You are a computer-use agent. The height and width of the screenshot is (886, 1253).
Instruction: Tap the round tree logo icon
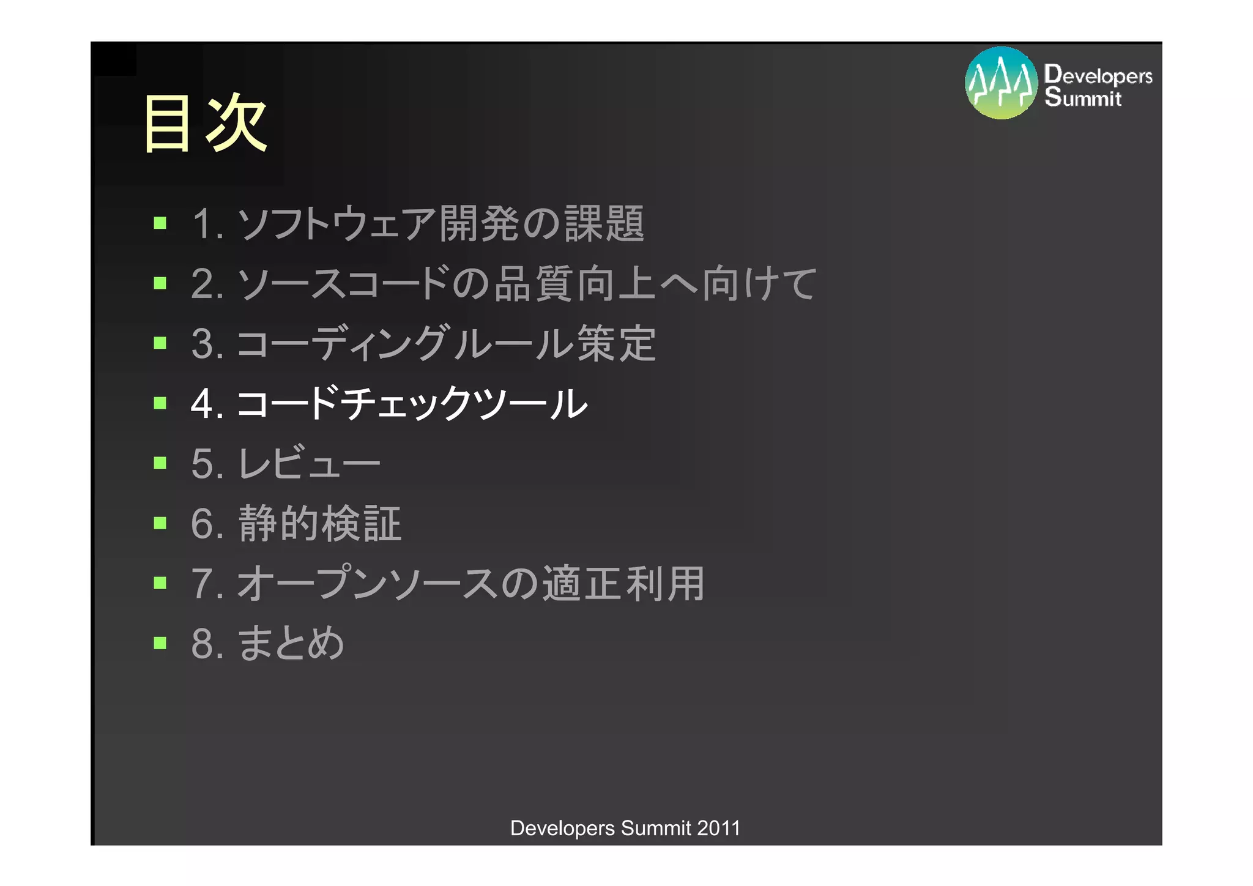tap(1001, 83)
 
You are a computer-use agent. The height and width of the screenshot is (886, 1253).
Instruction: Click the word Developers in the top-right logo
tap(1098, 75)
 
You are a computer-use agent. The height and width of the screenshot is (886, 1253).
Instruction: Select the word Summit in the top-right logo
tap(1083, 97)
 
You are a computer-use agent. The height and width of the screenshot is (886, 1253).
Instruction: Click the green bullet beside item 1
tap(160, 223)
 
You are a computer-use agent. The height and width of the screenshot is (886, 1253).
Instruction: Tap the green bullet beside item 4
tap(160, 403)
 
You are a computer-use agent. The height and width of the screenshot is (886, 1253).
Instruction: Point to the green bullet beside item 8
tap(160, 642)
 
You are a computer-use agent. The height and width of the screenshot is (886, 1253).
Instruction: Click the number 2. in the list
tap(207, 284)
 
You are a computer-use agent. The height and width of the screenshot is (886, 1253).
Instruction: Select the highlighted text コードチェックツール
tap(411, 404)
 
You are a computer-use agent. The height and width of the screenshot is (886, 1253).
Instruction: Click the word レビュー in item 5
tap(308, 463)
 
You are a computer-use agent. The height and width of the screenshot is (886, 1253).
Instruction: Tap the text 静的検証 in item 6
tap(319, 524)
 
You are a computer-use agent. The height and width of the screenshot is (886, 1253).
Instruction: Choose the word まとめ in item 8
tap(291, 644)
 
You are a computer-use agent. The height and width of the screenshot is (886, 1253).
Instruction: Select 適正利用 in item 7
tap(623, 583)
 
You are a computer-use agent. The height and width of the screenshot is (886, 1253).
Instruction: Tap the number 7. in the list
tap(207, 584)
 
